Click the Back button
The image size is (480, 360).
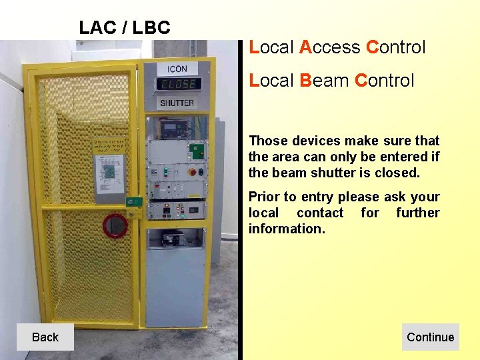(45, 337)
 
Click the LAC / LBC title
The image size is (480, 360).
(125, 28)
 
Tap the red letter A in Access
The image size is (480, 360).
(306, 47)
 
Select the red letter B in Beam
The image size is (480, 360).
(306, 81)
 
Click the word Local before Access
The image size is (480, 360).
(271, 47)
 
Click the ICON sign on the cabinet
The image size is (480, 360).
(177, 69)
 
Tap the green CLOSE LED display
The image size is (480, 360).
(177, 85)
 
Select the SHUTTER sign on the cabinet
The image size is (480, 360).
(177, 103)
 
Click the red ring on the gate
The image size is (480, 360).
(115, 225)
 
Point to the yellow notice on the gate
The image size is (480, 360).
(109, 147)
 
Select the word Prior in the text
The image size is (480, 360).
(264, 197)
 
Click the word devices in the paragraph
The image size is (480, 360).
(317, 141)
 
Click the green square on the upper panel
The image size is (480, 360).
(197, 149)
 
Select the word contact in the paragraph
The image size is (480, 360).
(320, 213)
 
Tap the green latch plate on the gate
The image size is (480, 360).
(136, 201)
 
